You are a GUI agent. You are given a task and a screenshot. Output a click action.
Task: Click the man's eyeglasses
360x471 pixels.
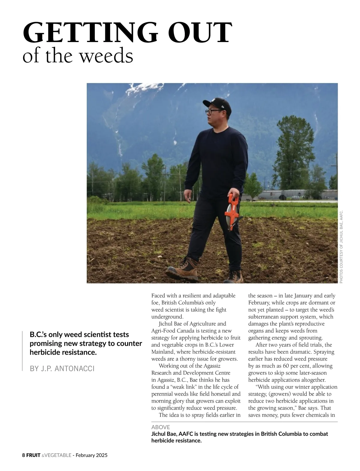point(211,111)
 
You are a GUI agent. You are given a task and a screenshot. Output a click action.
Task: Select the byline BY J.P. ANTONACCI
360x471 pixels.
point(62,368)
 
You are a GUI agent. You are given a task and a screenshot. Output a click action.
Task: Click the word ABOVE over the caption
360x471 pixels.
point(160,427)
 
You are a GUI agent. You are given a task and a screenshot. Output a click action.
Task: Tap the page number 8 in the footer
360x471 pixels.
point(24,455)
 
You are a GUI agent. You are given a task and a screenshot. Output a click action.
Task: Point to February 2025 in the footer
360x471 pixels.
point(91,455)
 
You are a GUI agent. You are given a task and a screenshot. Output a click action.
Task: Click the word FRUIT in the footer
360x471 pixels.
point(33,455)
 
